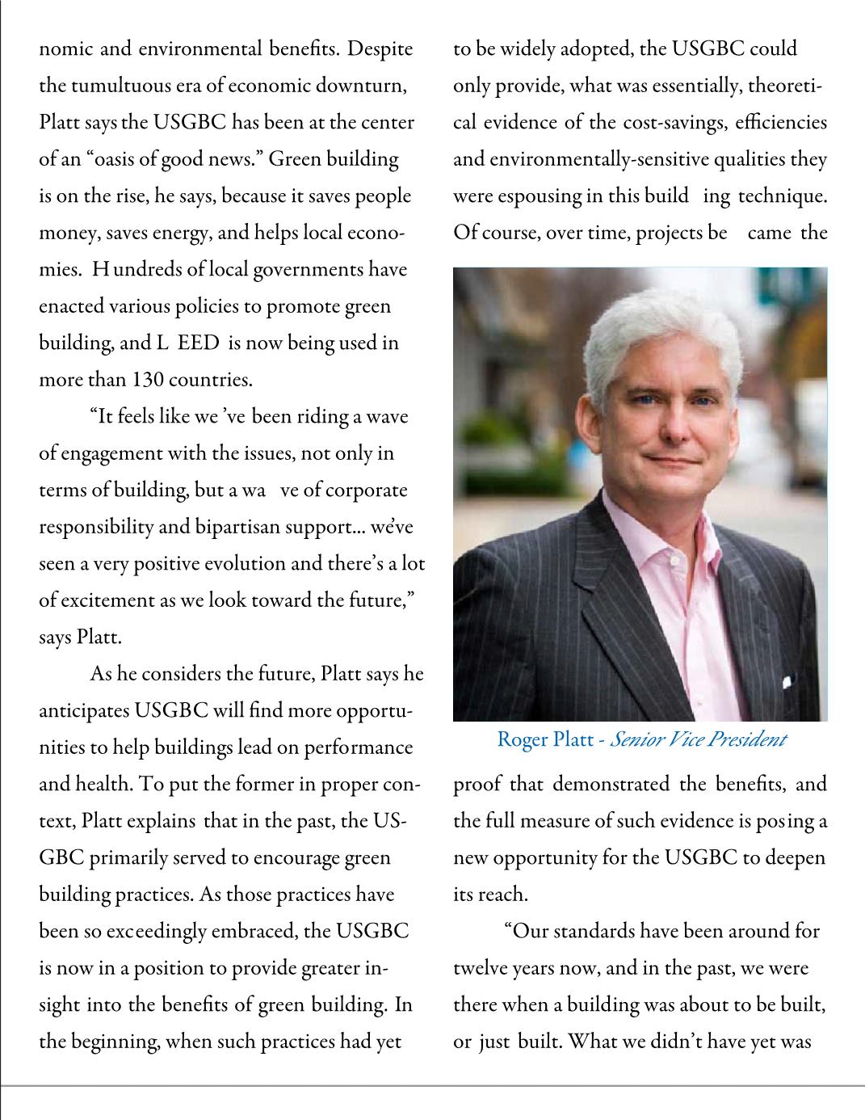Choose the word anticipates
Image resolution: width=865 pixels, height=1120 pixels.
click(x=84, y=711)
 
